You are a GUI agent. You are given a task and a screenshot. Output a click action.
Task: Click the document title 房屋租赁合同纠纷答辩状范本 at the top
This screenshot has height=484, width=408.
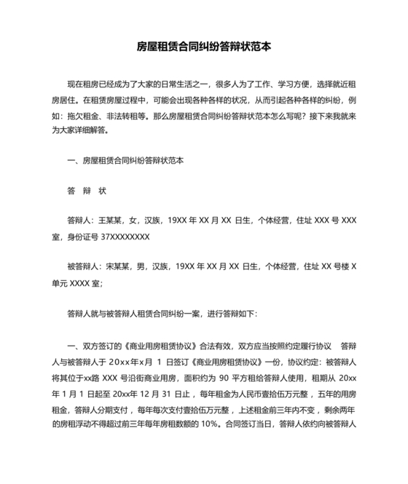204,46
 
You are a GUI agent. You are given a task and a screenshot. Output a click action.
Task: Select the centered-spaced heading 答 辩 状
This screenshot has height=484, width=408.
87,191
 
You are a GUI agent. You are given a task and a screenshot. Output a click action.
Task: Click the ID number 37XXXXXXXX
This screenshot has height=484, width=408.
125,237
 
